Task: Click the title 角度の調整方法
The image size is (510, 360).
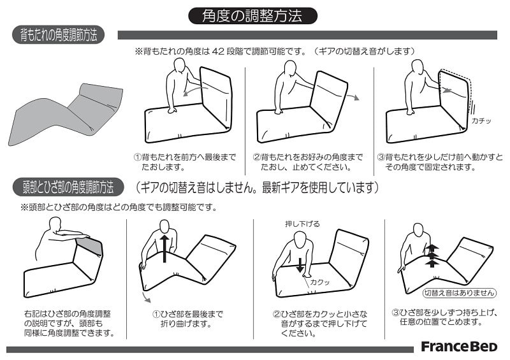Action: pos(252,15)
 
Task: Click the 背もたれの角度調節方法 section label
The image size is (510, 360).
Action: pos(59,35)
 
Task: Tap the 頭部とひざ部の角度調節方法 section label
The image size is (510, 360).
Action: pos(68,187)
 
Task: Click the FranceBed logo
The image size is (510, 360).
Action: pos(459,347)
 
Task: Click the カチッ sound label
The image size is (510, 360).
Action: pos(481,120)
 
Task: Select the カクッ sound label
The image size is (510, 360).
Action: pos(320,282)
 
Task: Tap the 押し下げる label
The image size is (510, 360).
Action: pos(302,224)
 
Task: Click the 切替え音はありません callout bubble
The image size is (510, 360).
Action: pos(460,292)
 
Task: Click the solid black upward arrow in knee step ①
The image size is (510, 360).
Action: pos(164,248)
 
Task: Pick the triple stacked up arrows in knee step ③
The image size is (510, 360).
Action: pos(432,256)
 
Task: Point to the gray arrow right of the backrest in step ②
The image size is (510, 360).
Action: pos(353,97)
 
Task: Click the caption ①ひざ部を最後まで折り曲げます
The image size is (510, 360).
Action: pos(187,319)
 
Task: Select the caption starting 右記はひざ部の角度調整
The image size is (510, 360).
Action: pos(69,323)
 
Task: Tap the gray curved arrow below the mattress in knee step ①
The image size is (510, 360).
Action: pos(146,298)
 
